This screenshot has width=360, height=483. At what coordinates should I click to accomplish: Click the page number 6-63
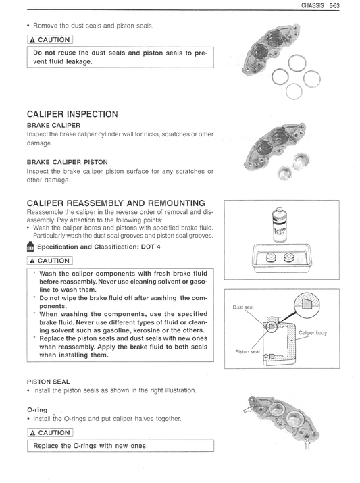coord(334,5)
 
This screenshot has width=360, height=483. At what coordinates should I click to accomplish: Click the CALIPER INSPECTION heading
coord(72,114)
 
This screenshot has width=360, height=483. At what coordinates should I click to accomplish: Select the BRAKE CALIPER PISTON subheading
coord(68,162)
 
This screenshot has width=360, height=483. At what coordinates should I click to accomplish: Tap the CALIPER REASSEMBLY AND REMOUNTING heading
coord(116,203)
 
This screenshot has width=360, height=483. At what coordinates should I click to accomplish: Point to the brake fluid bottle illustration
coord(280,225)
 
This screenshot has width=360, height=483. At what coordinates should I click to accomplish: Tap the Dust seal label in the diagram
coord(243,307)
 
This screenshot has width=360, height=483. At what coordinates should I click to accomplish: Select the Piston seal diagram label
coord(247,351)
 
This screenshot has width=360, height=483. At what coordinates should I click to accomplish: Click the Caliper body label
coord(313,332)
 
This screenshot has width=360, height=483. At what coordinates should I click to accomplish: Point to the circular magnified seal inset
coord(307,303)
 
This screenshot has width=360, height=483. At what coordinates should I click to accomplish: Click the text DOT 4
coord(151,247)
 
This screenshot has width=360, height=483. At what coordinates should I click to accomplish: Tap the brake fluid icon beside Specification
coord(30,247)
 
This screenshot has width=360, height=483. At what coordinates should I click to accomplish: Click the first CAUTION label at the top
coord(50,40)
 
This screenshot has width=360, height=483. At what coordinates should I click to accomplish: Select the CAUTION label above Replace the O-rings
coord(50,433)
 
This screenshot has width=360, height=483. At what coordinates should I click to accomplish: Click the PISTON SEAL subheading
coord(49,382)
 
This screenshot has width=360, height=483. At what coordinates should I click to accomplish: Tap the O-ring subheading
coord(37,410)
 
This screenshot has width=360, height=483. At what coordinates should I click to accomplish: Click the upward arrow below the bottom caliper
coord(307,444)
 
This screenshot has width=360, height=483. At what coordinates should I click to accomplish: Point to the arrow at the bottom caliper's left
coord(248,409)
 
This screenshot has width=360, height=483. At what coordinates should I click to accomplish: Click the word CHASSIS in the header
coord(313,5)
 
